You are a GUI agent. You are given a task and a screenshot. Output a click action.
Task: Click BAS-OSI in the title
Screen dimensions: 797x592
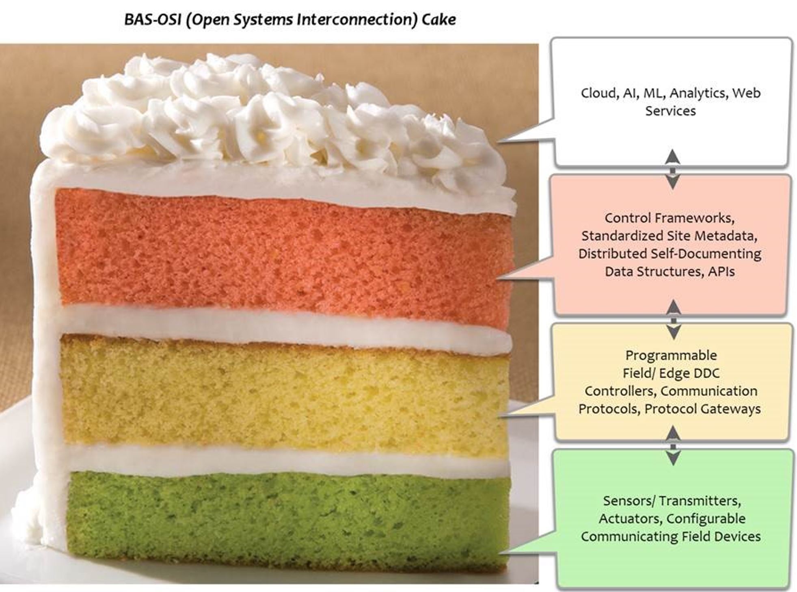153,20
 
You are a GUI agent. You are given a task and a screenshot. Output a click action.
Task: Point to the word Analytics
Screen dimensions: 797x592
698,93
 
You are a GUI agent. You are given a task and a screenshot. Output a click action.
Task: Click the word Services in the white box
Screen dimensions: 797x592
670,111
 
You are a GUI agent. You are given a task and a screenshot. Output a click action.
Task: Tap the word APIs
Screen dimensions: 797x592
721,271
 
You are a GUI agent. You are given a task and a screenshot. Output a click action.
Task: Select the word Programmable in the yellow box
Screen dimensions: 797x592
671,356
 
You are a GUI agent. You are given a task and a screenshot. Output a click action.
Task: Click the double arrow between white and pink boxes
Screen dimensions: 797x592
673,169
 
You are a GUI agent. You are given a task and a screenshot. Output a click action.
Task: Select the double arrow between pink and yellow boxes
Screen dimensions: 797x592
674,319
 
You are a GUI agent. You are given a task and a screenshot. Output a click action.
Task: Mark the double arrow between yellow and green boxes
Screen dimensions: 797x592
673,445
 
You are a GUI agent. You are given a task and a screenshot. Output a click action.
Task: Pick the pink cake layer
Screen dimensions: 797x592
284,256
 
